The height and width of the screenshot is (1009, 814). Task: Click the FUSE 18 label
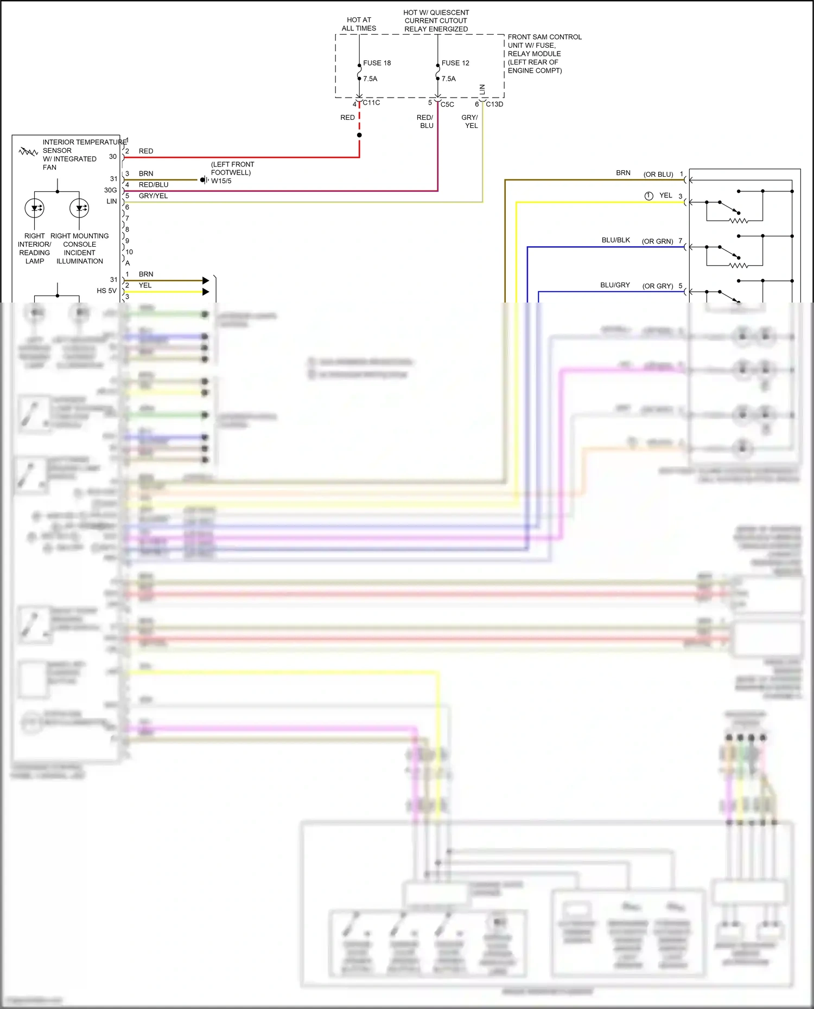[x=377, y=63]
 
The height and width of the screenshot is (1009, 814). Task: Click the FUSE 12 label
[x=455, y=63]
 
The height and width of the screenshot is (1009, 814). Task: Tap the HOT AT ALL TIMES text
[x=359, y=24]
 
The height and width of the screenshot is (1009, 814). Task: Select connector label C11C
[x=371, y=103]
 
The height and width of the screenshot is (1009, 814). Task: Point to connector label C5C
[x=447, y=105]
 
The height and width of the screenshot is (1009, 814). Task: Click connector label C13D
[x=494, y=104]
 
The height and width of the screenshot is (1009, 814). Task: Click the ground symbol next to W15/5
[x=204, y=180]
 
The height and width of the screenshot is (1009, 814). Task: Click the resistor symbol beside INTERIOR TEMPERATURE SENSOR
[x=28, y=152]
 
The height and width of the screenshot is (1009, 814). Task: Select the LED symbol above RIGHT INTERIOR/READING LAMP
[x=35, y=208]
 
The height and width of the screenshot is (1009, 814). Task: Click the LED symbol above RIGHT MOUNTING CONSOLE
[x=79, y=208]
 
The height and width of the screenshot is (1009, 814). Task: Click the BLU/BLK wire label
[x=615, y=240]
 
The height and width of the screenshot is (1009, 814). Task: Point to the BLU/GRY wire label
[x=615, y=285]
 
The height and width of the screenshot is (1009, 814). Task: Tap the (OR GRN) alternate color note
[x=657, y=241]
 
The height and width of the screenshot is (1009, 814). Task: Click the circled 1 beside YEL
[x=648, y=196]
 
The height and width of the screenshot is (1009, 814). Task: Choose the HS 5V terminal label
[x=106, y=291]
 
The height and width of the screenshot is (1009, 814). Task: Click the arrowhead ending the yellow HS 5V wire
[x=206, y=292]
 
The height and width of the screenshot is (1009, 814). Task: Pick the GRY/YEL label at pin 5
[x=153, y=196]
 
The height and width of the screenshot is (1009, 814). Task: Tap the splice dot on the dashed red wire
[x=359, y=135]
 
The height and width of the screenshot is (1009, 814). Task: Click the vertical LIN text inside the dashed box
[x=482, y=89]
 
